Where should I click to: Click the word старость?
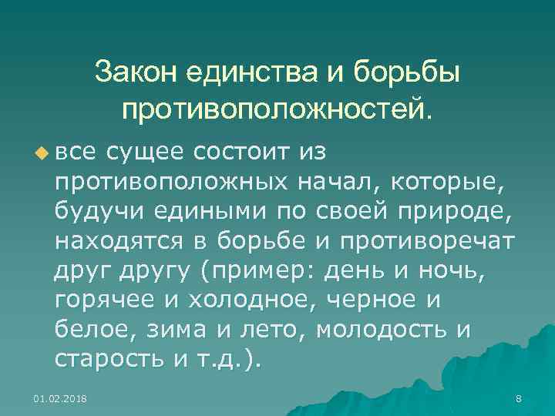(105, 360)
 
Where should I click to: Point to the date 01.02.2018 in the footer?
(60, 398)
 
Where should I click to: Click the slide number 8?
(518, 398)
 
